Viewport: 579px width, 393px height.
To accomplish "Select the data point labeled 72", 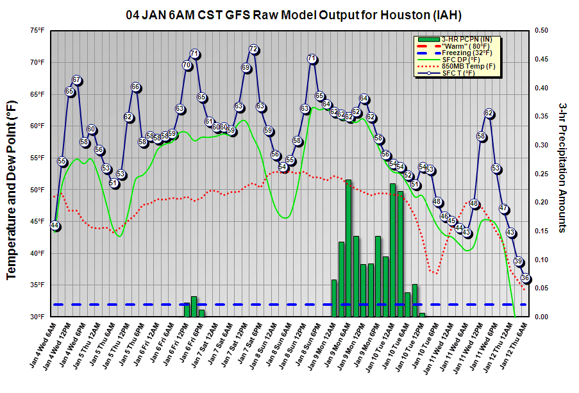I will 253,49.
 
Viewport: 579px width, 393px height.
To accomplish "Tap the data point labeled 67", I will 77,80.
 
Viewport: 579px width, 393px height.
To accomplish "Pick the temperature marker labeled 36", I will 526,278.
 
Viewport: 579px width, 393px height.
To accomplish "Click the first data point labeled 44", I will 55,226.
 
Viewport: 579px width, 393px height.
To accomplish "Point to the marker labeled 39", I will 519,262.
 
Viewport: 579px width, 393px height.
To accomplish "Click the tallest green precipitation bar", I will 349,248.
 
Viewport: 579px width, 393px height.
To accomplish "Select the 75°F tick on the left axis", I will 37,30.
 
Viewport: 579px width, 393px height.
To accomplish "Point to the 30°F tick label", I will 37,317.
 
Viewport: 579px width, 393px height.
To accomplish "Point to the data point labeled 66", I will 135,87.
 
